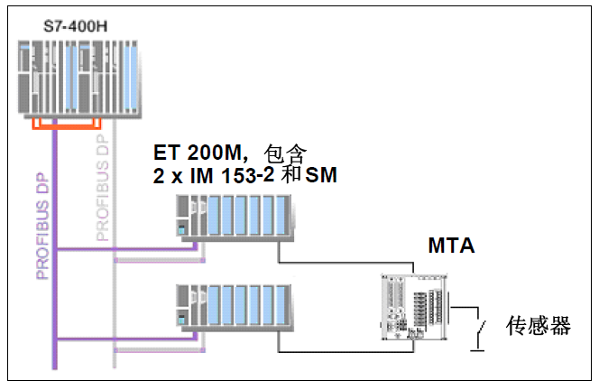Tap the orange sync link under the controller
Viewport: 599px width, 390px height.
coord(63,124)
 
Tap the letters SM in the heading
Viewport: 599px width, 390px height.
coord(321,176)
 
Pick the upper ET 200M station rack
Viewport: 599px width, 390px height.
coord(234,221)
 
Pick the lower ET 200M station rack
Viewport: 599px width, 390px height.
coord(234,307)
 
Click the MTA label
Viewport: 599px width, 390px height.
coord(451,246)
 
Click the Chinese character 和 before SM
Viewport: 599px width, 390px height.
coord(290,176)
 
